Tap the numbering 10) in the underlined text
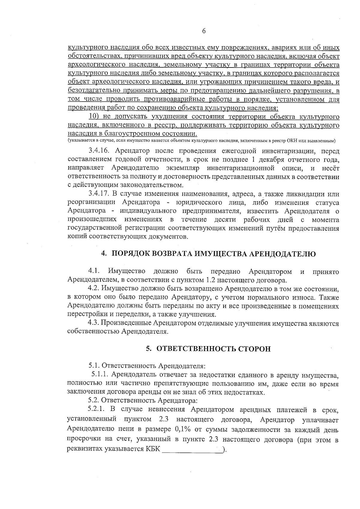coord(95,116)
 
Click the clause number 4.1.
coord(94,272)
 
